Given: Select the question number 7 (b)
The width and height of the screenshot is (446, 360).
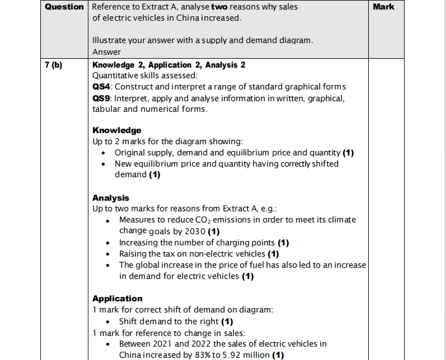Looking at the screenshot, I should (54, 65).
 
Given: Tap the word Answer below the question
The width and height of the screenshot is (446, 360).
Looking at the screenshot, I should (106, 52).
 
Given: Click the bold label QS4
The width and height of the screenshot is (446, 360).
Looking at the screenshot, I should (102, 87).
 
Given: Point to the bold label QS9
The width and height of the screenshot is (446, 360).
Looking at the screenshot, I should (102, 98).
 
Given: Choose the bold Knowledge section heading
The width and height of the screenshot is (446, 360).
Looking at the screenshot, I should (117, 130).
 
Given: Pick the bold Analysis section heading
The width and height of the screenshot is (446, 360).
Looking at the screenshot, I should (111, 198).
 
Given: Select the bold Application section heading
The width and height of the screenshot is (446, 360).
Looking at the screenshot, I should (118, 299).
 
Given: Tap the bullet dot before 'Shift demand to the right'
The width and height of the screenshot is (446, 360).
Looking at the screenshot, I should (107, 321).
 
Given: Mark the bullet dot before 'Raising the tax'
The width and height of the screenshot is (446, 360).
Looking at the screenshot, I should (107, 254).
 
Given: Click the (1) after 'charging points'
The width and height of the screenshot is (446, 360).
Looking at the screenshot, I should (283, 243).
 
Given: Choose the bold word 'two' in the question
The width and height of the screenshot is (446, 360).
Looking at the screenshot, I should (219, 7).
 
